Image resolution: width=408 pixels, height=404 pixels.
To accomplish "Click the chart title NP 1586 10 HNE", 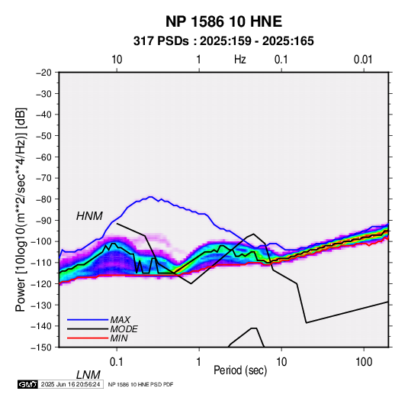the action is [x=223, y=21].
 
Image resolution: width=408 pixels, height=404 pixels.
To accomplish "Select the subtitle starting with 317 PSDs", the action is [x=223, y=41].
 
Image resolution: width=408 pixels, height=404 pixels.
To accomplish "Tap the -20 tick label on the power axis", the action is [x=43, y=73].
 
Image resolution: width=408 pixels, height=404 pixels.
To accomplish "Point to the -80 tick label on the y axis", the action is [x=43, y=199].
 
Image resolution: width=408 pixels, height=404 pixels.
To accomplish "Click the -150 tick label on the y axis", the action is [x=41, y=347].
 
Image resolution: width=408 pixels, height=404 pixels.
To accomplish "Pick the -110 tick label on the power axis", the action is [x=41, y=263].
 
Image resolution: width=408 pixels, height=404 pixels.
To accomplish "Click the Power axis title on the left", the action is [x=21, y=209].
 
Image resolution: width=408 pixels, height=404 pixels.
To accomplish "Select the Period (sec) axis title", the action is [x=240, y=370].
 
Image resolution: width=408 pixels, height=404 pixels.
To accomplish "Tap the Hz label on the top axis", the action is [x=240, y=60].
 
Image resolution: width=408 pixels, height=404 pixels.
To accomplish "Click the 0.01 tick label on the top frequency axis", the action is [x=363, y=60].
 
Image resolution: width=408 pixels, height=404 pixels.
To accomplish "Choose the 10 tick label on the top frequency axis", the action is [x=117, y=60].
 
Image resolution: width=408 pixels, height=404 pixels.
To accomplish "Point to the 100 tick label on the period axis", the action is [x=364, y=362].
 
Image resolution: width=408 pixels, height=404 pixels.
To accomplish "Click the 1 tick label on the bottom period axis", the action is [x=199, y=362].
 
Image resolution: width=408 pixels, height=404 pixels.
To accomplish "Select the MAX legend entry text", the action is [x=120, y=320].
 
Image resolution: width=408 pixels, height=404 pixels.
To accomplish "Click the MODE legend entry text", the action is [x=124, y=329].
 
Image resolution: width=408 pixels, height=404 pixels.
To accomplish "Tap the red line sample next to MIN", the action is [x=88, y=338].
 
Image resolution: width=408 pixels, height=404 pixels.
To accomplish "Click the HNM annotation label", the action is [x=89, y=216].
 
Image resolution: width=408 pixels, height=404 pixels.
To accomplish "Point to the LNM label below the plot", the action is [x=88, y=375].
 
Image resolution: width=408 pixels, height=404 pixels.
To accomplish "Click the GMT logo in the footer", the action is [x=27, y=384].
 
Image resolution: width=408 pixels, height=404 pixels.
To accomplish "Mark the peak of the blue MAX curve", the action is [x=150, y=197].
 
